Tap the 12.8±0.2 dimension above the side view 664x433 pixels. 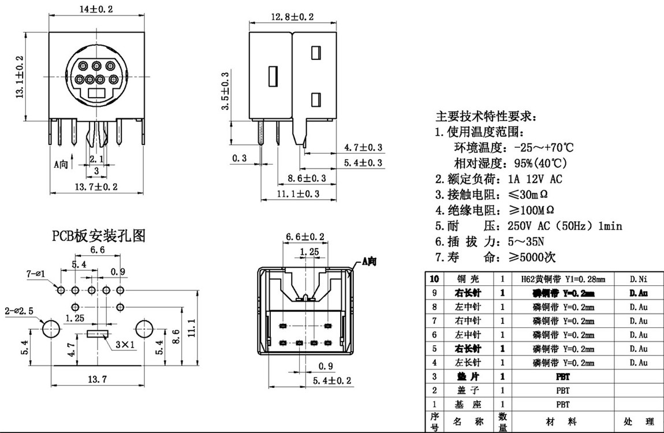(292, 17)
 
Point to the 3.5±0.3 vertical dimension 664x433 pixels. (226, 91)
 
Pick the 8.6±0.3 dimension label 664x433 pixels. (307, 178)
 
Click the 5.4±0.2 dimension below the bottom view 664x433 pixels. (332, 380)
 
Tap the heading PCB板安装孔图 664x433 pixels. (99, 235)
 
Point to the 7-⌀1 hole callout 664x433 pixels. (36, 272)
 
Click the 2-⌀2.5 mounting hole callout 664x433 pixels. (19, 311)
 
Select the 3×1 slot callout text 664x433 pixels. (125, 345)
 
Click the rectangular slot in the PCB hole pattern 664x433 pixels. (97, 334)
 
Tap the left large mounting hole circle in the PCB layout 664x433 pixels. (51, 329)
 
